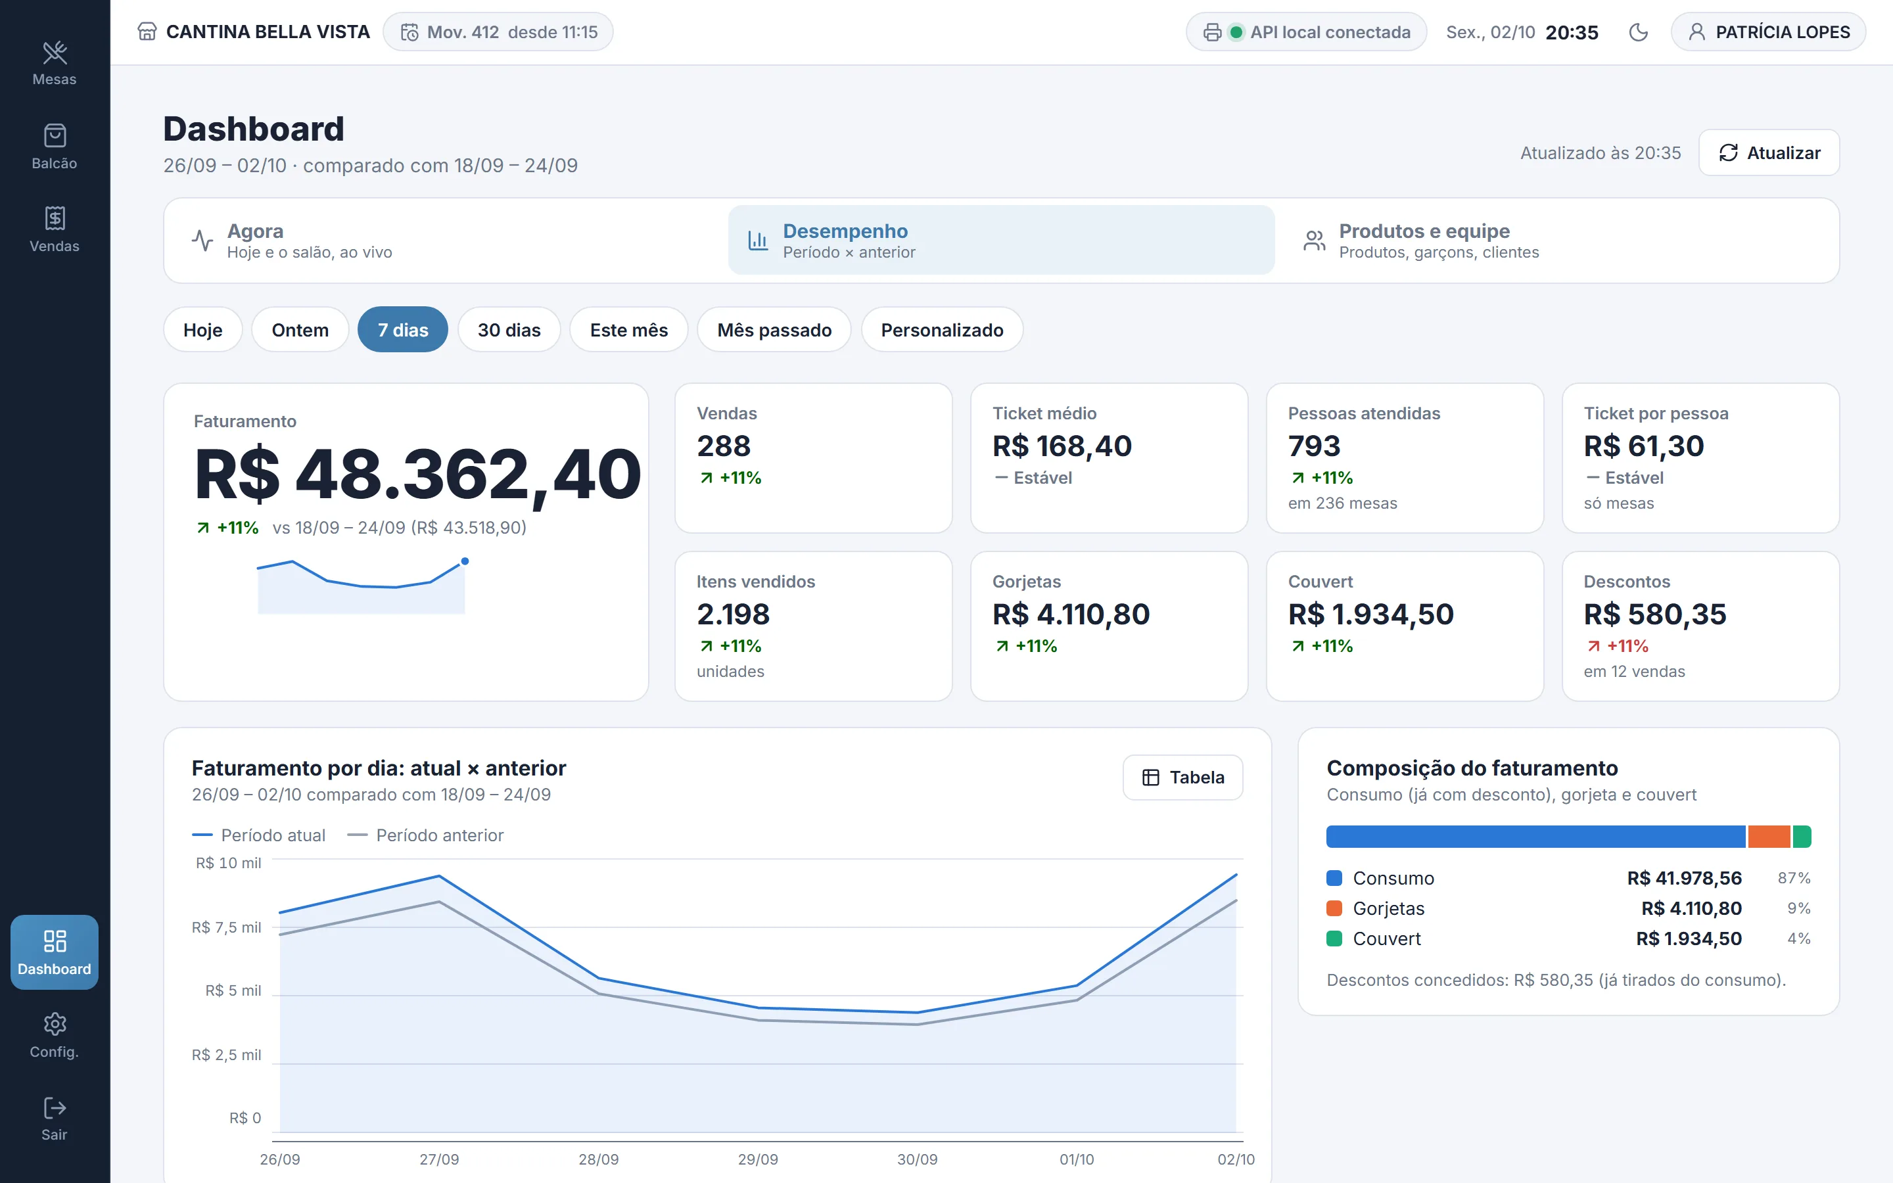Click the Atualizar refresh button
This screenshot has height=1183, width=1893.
coord(1769,152)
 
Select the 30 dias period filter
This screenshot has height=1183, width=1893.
coord(509,330)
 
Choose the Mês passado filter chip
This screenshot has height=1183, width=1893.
coord(774,330)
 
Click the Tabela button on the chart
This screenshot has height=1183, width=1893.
coord(1182,777)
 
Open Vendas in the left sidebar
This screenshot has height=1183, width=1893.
coord(55,229)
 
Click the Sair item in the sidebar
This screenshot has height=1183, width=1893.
coord(55,1118)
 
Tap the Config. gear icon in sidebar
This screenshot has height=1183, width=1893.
coord(55,1023)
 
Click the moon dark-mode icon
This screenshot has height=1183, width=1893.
coord(1638,32)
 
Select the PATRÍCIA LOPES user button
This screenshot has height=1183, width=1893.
coord(1768,32)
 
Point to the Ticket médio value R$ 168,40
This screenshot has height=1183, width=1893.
coord(1062,446)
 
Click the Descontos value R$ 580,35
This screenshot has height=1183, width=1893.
coord(1654,615)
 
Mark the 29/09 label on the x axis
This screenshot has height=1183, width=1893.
coord(758,1159)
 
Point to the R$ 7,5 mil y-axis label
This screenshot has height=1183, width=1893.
coord(226,927)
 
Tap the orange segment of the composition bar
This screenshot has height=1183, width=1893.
coord(1769,837)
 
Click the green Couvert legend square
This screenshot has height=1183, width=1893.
coord(1334,938)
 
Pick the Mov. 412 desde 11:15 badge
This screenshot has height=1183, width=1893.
coord(498,32)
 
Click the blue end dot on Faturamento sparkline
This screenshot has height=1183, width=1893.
coord(465,561)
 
